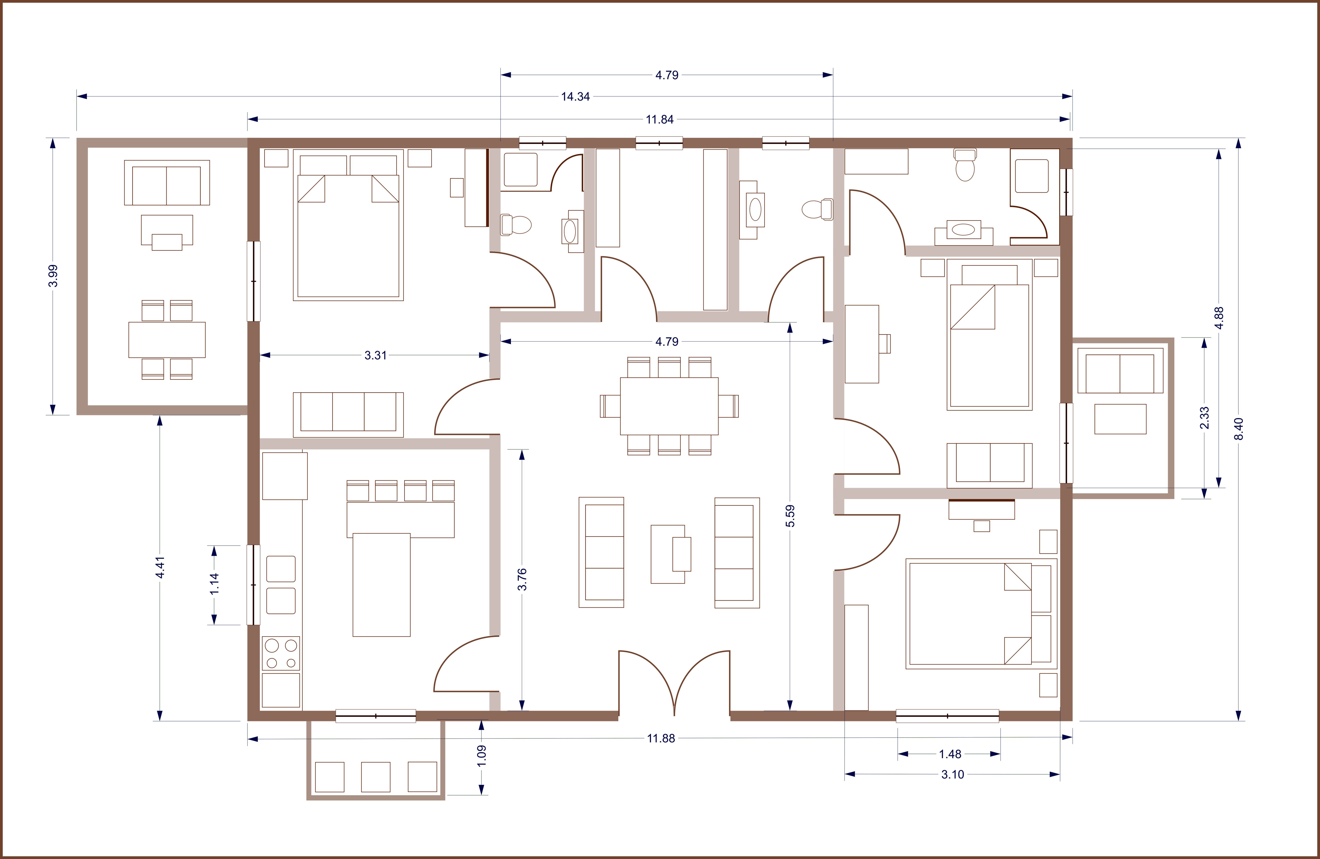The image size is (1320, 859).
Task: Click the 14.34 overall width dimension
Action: point(575,96)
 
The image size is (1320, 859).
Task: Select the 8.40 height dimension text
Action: point(1239,429)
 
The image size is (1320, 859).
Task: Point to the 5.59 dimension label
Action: point(790,516)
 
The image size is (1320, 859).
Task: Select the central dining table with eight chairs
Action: point(669,406)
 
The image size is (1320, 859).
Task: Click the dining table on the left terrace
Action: point(167,339)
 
